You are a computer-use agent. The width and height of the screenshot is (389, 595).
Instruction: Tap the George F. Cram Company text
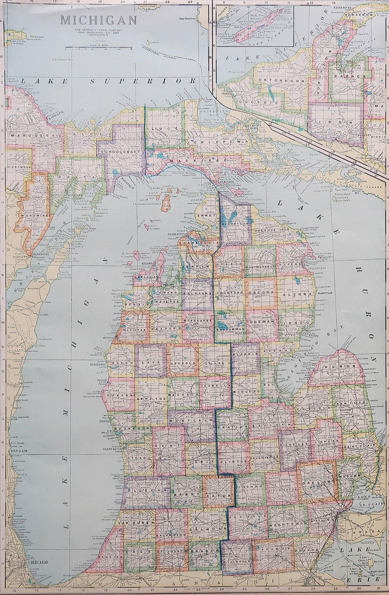coord(99,30)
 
